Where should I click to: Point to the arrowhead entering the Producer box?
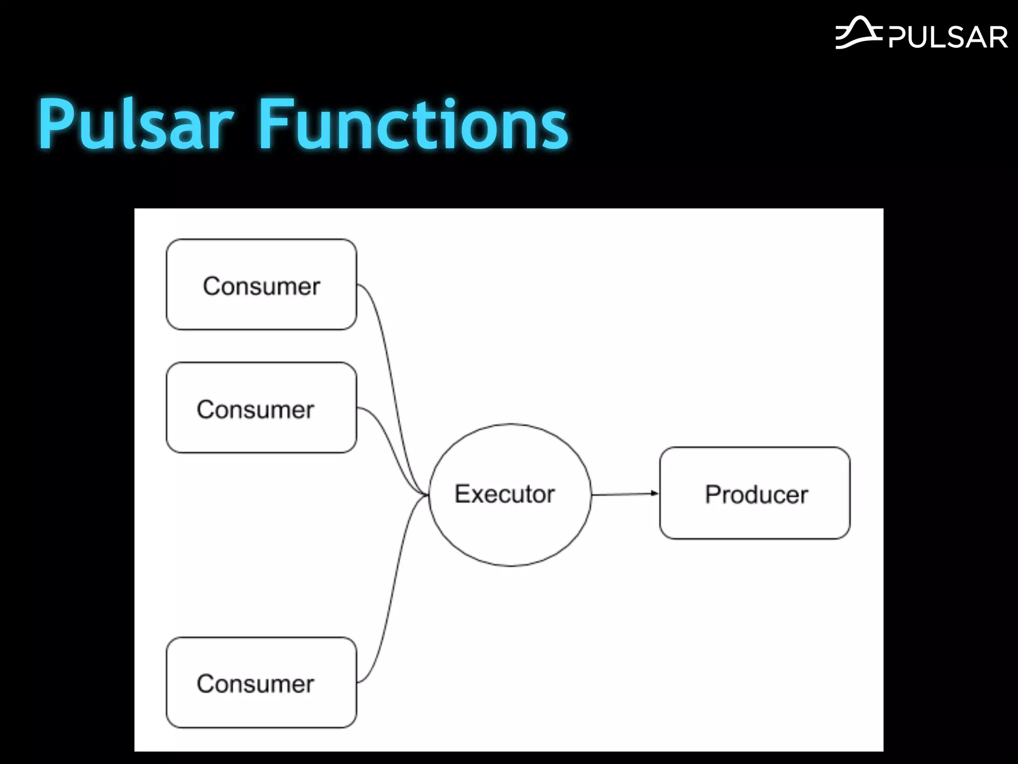coord(655,493)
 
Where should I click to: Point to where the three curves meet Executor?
coord(426,494)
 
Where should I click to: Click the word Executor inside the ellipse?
coord(505,494)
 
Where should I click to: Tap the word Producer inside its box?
coord(756,494)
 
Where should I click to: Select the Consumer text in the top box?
coord(261,286)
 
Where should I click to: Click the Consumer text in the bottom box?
coord(255,684)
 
